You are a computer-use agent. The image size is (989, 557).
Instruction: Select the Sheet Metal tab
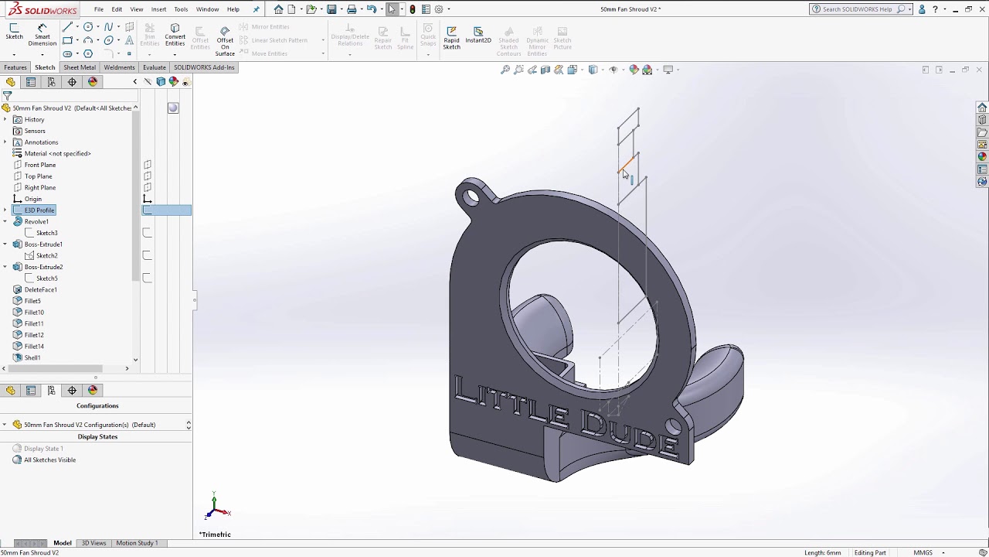(x=80, y=67)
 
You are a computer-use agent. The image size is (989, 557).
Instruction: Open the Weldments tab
(x=119, y=67)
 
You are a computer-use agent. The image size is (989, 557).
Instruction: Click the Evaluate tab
(x=155, y=67)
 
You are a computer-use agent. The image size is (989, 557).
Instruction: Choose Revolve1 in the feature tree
(x=36, y=221)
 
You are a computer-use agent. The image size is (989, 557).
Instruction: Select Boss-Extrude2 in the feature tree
(x=43, y=267)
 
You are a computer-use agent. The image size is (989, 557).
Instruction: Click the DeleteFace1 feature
(x=40, y=289)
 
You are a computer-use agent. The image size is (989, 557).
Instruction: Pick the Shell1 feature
(x=32, y=357)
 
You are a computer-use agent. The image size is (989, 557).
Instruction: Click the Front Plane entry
(x=39, y=165)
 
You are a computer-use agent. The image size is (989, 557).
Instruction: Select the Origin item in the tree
(x=33, y=199)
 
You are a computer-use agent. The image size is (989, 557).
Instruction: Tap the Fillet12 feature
(x=33, y=335)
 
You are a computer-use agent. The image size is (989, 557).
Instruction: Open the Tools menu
(x=181, y=9)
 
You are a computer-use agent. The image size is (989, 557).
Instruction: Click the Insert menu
(x=158, y=9)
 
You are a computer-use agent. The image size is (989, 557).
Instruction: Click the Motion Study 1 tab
(x=137, y=543)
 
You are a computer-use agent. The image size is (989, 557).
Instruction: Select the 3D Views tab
(x=93, y=543)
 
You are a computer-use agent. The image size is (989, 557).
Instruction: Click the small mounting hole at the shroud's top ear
(x=471, y=197)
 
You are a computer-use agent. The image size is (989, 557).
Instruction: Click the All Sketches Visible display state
(x=49, y=460)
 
